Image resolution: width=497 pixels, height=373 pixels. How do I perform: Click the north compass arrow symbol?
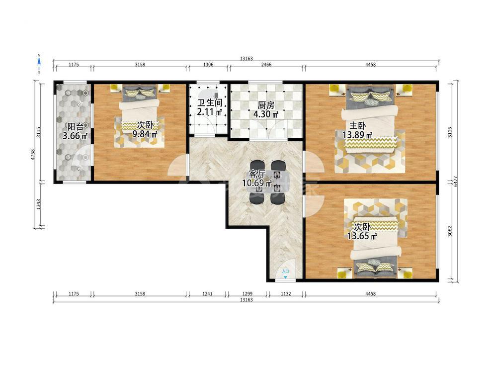point(39,64)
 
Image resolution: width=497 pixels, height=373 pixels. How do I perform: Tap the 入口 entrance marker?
point(285,271)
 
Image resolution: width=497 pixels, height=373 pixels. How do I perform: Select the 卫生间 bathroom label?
point(209,103)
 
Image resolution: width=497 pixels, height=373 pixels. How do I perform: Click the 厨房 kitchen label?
point(266,105)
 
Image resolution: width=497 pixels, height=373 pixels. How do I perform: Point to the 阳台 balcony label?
point(75,127)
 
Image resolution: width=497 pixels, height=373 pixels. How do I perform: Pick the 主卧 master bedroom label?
point(357,126)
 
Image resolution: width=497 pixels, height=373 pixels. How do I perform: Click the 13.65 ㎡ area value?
point(362,236)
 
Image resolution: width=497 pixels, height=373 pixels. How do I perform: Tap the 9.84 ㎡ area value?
point(145,134)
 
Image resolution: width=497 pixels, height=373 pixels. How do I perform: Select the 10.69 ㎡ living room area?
point(257,183)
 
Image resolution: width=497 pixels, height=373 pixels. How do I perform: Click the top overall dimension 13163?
point(247,58)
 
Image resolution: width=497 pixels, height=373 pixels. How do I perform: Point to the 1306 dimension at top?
point(208,65)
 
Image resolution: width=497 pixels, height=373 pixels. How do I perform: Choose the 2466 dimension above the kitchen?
point(266,65)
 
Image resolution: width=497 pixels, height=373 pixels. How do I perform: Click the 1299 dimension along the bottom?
point(247,294)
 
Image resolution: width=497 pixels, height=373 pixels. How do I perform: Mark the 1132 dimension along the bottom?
point(286,294)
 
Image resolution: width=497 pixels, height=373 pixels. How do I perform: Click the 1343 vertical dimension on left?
point(38,204)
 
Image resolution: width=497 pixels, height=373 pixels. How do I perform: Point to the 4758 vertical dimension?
point(33,155)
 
